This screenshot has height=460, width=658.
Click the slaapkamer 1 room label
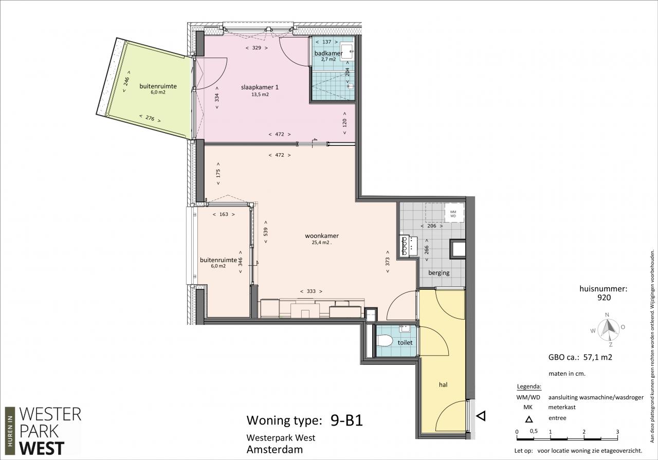point(260,87)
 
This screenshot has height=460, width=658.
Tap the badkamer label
point(328,53)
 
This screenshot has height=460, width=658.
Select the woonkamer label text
point(322,235)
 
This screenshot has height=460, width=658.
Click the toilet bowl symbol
point(385,341)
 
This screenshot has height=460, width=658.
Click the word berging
point(438,273)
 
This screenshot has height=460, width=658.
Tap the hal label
point(443,384)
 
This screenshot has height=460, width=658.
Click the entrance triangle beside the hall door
point(481,416)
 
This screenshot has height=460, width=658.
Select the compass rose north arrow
point(609,327)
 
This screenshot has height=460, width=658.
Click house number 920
point(604,298)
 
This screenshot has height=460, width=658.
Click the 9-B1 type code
point(346,420)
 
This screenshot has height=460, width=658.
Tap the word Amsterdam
point(275,449)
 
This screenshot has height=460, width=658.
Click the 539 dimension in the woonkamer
point(266,232)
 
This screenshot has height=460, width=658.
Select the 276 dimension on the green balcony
point(150,118)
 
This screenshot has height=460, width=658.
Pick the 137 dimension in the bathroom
point(326,42)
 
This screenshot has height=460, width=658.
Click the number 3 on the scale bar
point(617,432)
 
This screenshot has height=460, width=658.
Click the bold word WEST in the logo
point(42,448)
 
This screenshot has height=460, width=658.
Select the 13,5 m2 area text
point(260,95)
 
